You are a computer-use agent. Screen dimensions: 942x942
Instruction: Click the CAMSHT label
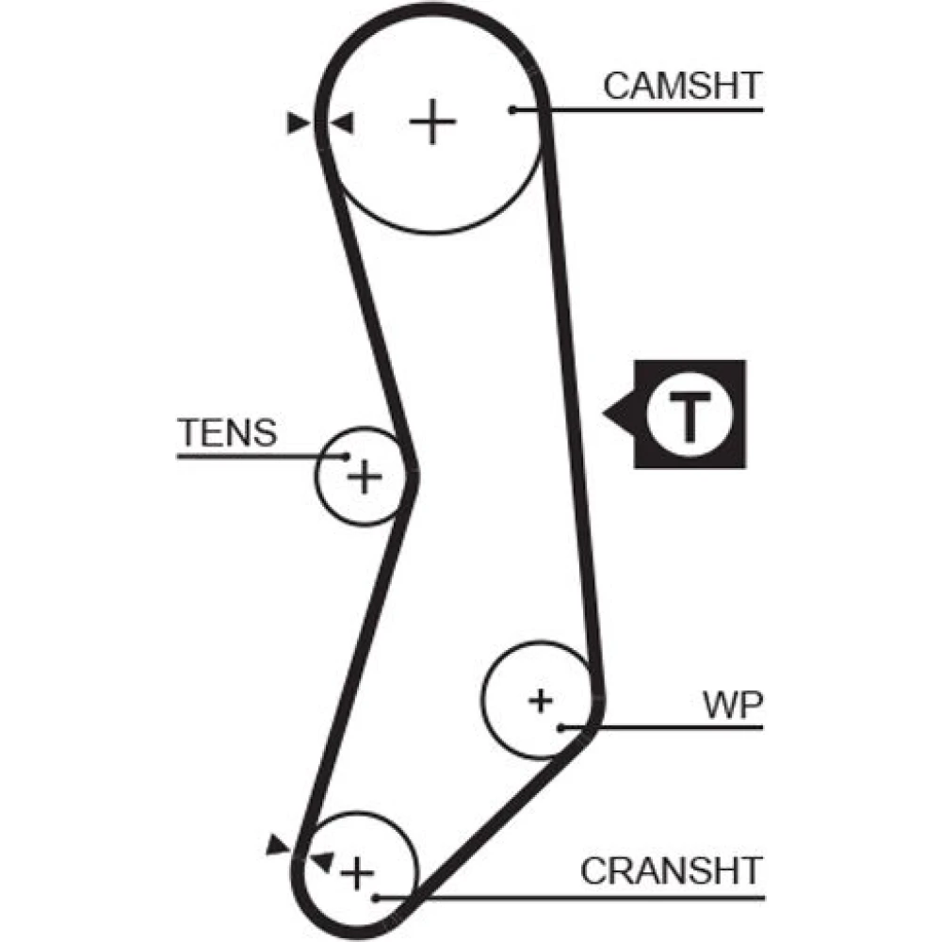[x=682, y=86]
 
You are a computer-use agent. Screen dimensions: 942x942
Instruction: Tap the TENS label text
[x=228, y=433]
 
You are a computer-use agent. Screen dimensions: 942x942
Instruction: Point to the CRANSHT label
[x=671, y=871]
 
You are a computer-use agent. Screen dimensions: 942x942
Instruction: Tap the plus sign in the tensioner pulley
[x=364, y=478]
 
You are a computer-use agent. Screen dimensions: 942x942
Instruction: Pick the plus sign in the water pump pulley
[x=540, y=700]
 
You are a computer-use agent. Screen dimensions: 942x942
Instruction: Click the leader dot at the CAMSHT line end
[x=512, y=110]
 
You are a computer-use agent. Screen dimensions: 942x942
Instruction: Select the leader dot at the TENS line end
[x=346, y=457]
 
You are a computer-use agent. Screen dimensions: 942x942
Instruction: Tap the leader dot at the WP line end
[x=560, y=727]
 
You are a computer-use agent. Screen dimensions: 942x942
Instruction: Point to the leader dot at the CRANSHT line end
[x=376, y=897]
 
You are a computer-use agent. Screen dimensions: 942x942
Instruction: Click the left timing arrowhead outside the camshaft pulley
[x=300, y=122]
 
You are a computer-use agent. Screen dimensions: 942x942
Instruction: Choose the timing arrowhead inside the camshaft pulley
[x=341, y=122]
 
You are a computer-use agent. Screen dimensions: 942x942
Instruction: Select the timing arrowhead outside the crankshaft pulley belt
[x=278, y=844]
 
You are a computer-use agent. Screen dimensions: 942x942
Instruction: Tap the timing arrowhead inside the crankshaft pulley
[x=322, y=860]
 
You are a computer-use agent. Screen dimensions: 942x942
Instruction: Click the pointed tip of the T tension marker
[x=605, y=413]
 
